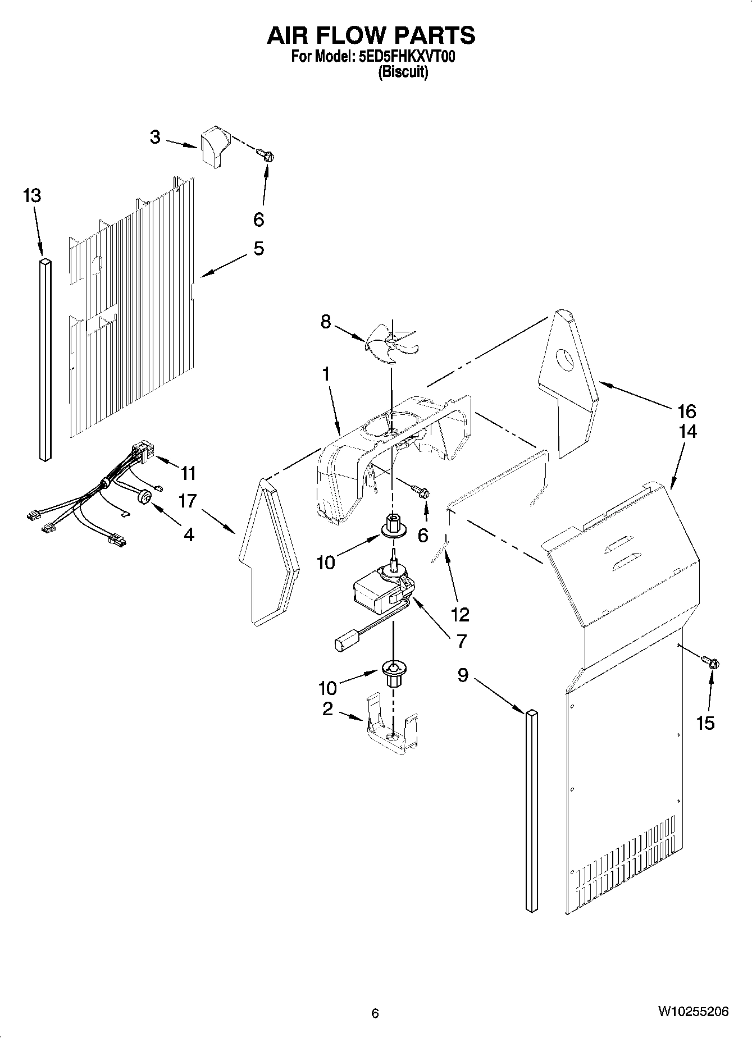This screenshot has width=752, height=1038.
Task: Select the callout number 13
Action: pos(32,196)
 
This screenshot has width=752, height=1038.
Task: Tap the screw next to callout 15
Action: pos(712,662)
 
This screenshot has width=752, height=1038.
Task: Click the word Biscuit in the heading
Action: pos(403,72)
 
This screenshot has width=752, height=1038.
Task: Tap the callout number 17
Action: pos(188,501)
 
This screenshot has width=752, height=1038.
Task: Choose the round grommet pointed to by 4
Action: pos(145,497)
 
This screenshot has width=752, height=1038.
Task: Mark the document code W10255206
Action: pos(694,1012)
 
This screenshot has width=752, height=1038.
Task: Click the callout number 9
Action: pos(462,675)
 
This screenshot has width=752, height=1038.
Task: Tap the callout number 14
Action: pos(688,431)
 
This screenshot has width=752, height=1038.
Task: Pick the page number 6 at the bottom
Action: pos(375,1013)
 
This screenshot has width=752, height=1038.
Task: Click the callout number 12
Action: pos(460,615)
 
